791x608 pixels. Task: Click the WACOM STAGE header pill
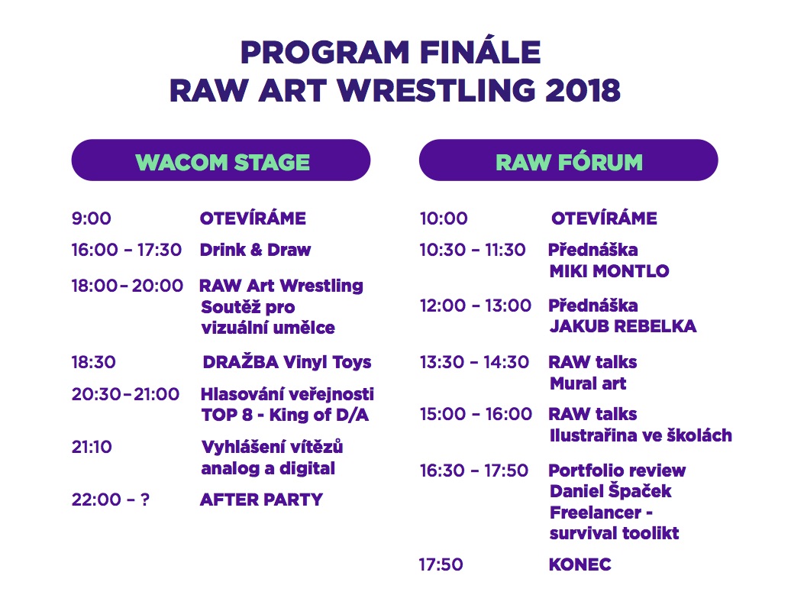pos(221,160)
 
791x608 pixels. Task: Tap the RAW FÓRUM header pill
pos(569,160)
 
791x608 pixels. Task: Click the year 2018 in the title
pos(583,90)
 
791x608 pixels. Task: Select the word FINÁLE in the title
pos(480,52)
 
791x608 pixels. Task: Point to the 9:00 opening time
pos(92,218)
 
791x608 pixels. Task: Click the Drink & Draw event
pos(255,250)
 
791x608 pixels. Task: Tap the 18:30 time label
pos(94,362)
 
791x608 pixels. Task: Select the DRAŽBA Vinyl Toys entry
pos(287,362)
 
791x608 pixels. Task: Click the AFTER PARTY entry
pos(261,500)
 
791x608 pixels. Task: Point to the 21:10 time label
pos(92,447)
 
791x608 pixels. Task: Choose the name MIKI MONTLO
pos(609,271)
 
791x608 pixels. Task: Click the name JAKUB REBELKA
pos(623,326)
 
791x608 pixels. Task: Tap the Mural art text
pos(588,383)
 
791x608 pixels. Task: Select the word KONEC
pos(580,564)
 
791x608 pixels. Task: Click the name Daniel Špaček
pos(610,490)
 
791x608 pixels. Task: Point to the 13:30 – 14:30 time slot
pos(474,362)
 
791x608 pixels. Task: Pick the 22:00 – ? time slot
pos(111,500)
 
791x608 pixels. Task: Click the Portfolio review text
pos(617,471)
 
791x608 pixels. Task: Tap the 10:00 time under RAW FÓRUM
pos(444,218)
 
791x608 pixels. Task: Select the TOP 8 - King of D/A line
pos(285,415)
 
